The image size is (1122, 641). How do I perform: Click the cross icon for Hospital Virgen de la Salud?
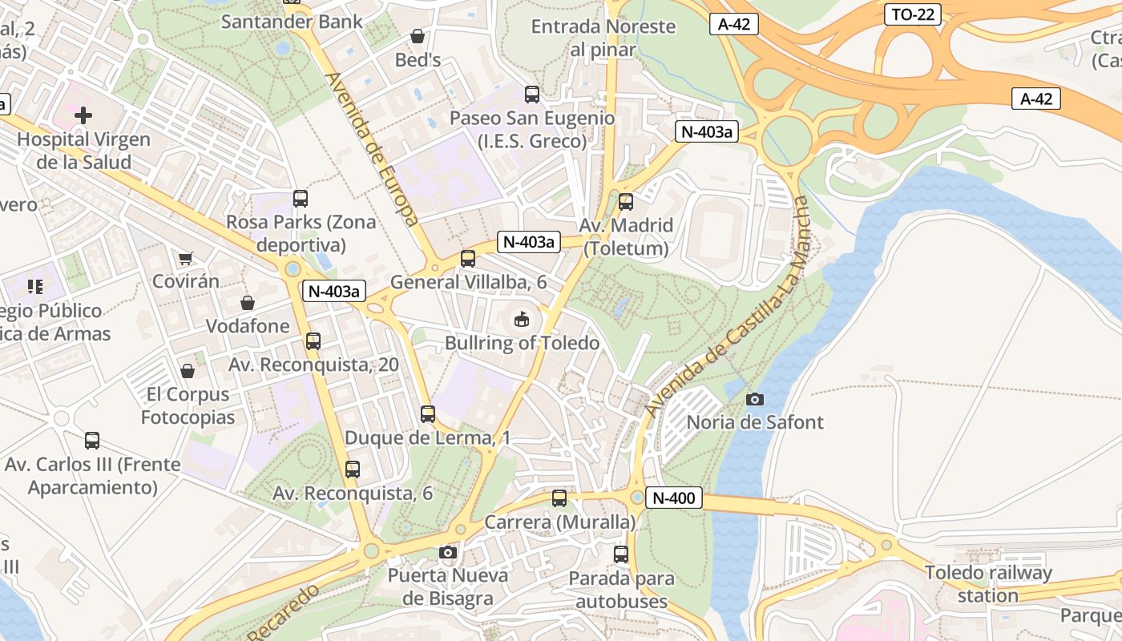[x=83, y=115]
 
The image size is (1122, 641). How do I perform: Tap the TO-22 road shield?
[x=913, y=14]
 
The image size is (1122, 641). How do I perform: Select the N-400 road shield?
[x=673, y=498]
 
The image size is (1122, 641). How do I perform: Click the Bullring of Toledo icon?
[x=522, y=320]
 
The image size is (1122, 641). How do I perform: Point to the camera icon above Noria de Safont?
[x=754, y=398]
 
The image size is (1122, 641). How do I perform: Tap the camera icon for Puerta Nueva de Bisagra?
[x=448, y=552]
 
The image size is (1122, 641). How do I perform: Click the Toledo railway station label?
[x=987, y=584]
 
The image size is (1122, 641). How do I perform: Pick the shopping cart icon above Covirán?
[x=186, y=258]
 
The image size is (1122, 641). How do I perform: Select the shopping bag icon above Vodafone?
[x=248, y=303]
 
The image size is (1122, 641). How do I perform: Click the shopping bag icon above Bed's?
[x=418, y=36]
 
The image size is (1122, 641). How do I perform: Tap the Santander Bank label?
[x=292, y=22]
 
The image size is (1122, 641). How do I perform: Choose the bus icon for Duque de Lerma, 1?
[x=428, y=414]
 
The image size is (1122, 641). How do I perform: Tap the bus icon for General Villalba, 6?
[x=468, y=259]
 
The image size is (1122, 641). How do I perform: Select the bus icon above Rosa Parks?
[x=301, y=198]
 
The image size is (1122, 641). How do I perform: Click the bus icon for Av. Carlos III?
[x=92, y=441]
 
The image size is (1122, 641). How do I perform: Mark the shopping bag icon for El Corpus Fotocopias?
[x=188, y=371]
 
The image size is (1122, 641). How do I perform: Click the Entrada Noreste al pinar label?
[x=603, y=38]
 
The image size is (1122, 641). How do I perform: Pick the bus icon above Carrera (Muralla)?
[x=559, y=498]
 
